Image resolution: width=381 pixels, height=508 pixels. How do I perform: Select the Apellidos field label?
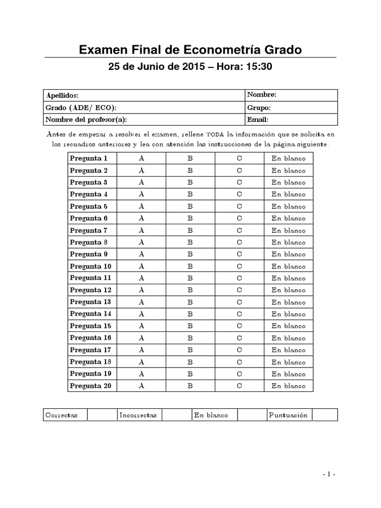[62, 95]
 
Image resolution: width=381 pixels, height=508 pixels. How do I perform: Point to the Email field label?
[257, 120]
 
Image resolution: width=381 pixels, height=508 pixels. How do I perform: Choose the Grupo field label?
[258, 107]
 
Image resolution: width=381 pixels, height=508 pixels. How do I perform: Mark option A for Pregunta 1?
[141, 158]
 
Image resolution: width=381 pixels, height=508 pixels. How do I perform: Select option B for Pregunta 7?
[190, 231]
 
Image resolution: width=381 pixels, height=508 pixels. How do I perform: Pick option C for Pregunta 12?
[239, 290]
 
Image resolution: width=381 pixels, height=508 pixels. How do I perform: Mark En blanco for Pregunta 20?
[288, 386]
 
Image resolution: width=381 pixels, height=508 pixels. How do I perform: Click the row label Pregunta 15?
[91, 326]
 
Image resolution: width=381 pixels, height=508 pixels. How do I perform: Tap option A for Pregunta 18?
[141, 362]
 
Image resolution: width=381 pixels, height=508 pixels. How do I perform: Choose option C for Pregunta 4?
[239, 194]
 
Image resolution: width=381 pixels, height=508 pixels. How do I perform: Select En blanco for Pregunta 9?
[288, 254]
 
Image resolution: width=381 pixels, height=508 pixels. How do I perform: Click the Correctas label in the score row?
[61, 415]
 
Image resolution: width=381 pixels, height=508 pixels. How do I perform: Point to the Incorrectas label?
[138, 415]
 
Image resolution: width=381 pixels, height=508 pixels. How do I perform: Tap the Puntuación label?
[288, 415]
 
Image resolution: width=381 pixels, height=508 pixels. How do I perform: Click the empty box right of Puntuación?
[325, 415]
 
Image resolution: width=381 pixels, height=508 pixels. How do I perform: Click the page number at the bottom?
[329, 474]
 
